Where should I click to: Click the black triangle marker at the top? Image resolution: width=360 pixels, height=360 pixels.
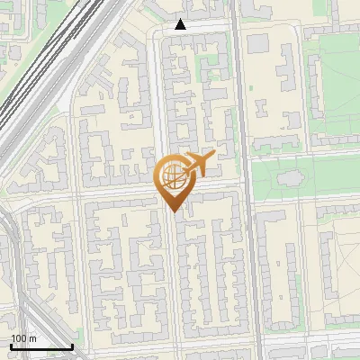point(181,24)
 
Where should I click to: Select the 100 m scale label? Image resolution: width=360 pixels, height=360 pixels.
point(23,337)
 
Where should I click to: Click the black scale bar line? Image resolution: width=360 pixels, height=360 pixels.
point(41,346)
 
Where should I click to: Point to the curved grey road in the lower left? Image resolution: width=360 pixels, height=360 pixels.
point(13,261)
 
